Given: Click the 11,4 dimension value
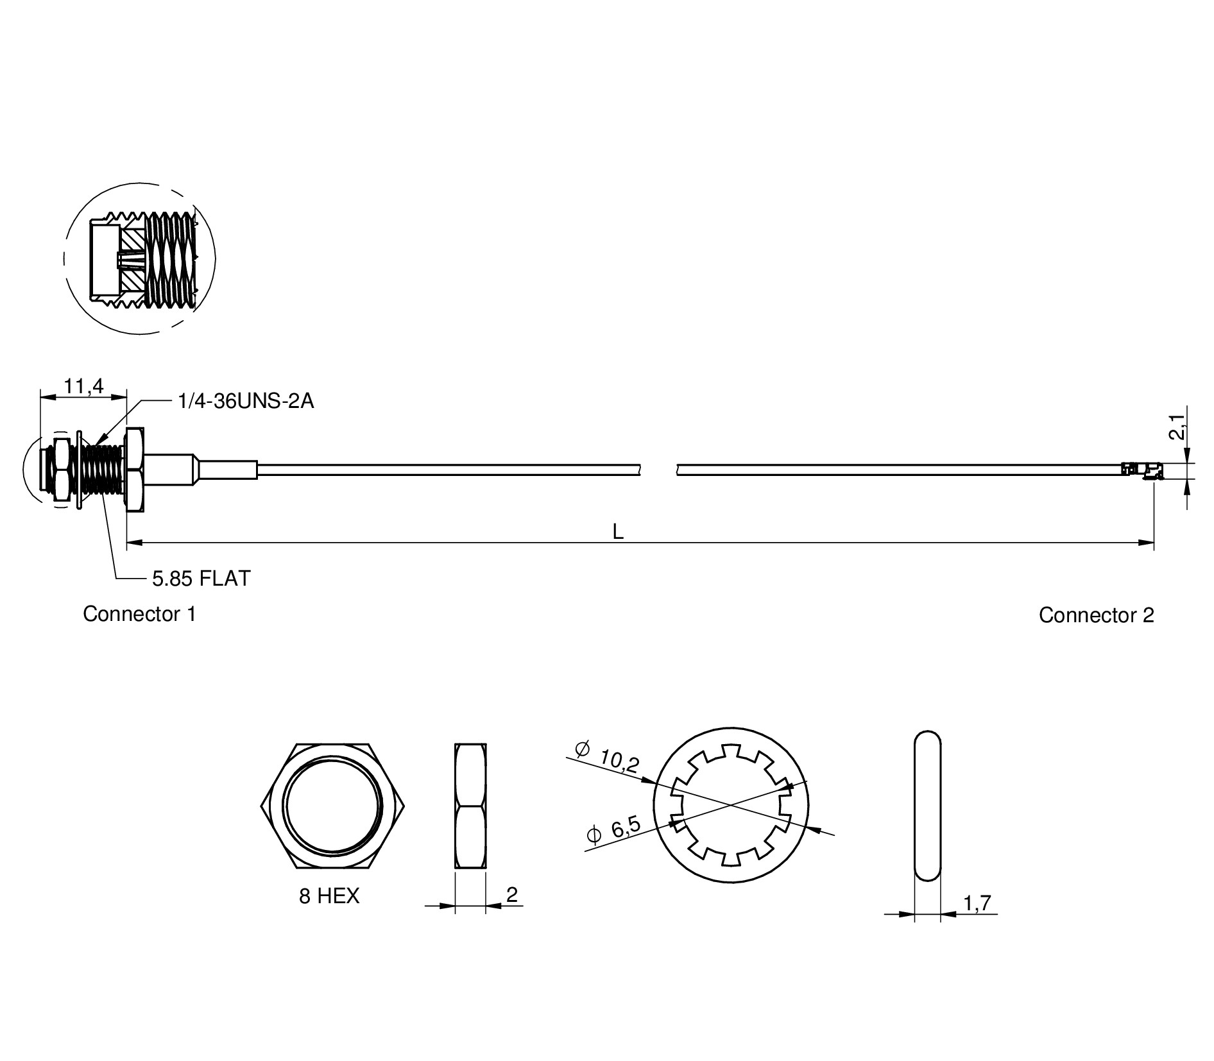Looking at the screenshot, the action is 83,386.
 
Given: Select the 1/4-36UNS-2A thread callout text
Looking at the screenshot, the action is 246,402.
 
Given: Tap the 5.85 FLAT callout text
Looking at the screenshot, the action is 201,579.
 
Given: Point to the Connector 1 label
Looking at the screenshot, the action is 139,614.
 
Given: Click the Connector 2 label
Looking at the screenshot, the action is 1097,615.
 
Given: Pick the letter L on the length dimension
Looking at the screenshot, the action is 618,531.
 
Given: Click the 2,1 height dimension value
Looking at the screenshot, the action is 1176,427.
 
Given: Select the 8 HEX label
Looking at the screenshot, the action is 329,895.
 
